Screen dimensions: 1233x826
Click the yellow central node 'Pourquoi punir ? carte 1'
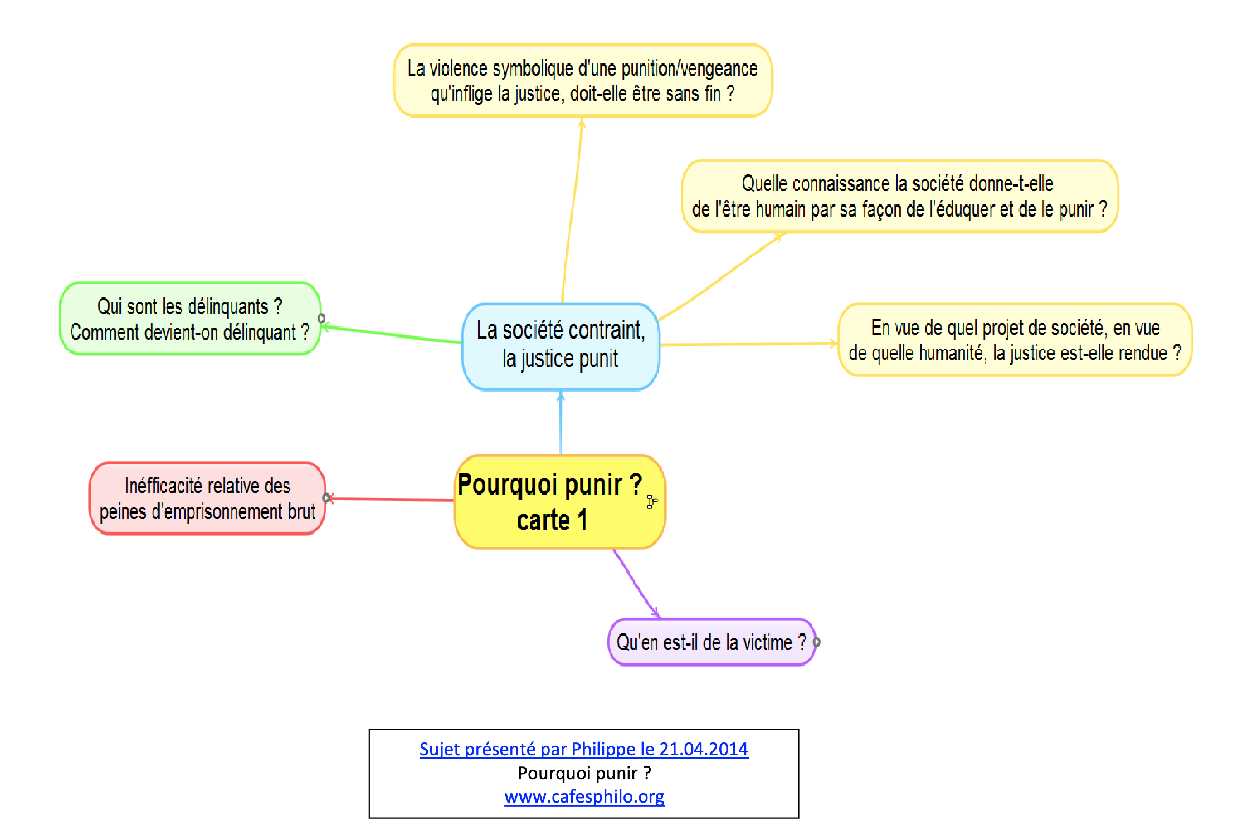[x=560, y=502]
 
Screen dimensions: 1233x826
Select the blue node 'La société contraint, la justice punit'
[x=561, y=346]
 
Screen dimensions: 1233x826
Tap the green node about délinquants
[x=190, y=318]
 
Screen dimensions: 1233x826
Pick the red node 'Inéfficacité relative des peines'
[x=207, y=498]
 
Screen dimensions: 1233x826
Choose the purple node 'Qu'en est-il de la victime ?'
[x=711, y=642]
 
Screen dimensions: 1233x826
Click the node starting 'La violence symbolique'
[x=583, y=80]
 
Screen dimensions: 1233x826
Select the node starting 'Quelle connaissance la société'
[x=900, y=196]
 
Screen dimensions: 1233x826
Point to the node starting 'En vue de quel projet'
[x=1015, y=340]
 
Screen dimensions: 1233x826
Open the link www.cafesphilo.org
[x=584, y=796]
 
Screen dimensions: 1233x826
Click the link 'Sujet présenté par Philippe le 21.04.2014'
[x=583, y=749]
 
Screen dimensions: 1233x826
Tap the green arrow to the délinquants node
[x=392, y=334]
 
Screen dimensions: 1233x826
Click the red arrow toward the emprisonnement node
[x=391, y=499]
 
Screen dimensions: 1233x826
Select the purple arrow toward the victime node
[x=636, y=583]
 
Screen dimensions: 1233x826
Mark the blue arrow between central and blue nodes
[x=561, y=423]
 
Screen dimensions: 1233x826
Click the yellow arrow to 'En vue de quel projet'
[x=749, y=344]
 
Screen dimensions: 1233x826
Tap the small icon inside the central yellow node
[x=651, y=501]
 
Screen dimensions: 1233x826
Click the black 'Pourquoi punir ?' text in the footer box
[x=584, y=773]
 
